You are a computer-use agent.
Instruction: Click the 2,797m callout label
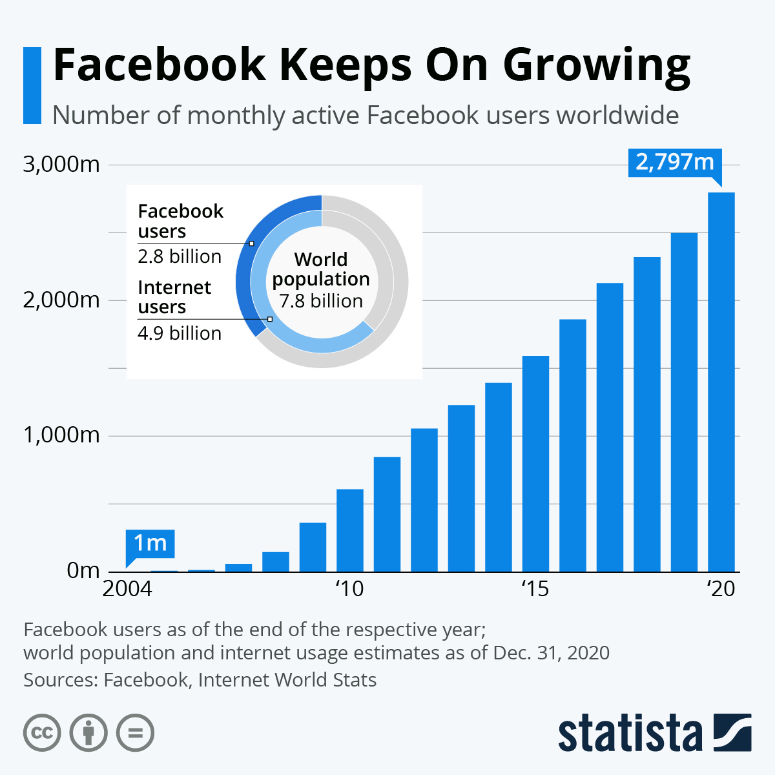[x=674, y=162]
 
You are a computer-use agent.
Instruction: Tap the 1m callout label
[x=150, y=543]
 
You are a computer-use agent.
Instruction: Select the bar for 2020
[x=721, y=382]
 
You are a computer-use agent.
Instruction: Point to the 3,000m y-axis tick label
[x=61, y=165]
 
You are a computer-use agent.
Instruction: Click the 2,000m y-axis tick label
[x=61, y=300]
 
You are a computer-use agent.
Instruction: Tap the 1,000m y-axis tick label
[x=61, y=435]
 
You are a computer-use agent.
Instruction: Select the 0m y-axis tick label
[x=83, y=570]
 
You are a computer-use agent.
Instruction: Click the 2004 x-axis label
[x=127, y=589]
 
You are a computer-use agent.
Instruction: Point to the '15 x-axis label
[x=535, y=589]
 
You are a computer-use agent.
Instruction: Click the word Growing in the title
[x=597, y=65]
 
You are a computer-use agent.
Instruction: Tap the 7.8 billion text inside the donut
[x=321, y=302]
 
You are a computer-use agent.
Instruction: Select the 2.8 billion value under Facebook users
[x=180, y=257]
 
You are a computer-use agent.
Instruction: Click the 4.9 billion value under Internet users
[x=180, y=333]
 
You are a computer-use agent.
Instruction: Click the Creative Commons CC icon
[x=42, y=733]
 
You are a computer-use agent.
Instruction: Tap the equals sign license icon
[x=136, y=733]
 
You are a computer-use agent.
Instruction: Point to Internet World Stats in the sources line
[x=287, y=680]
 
